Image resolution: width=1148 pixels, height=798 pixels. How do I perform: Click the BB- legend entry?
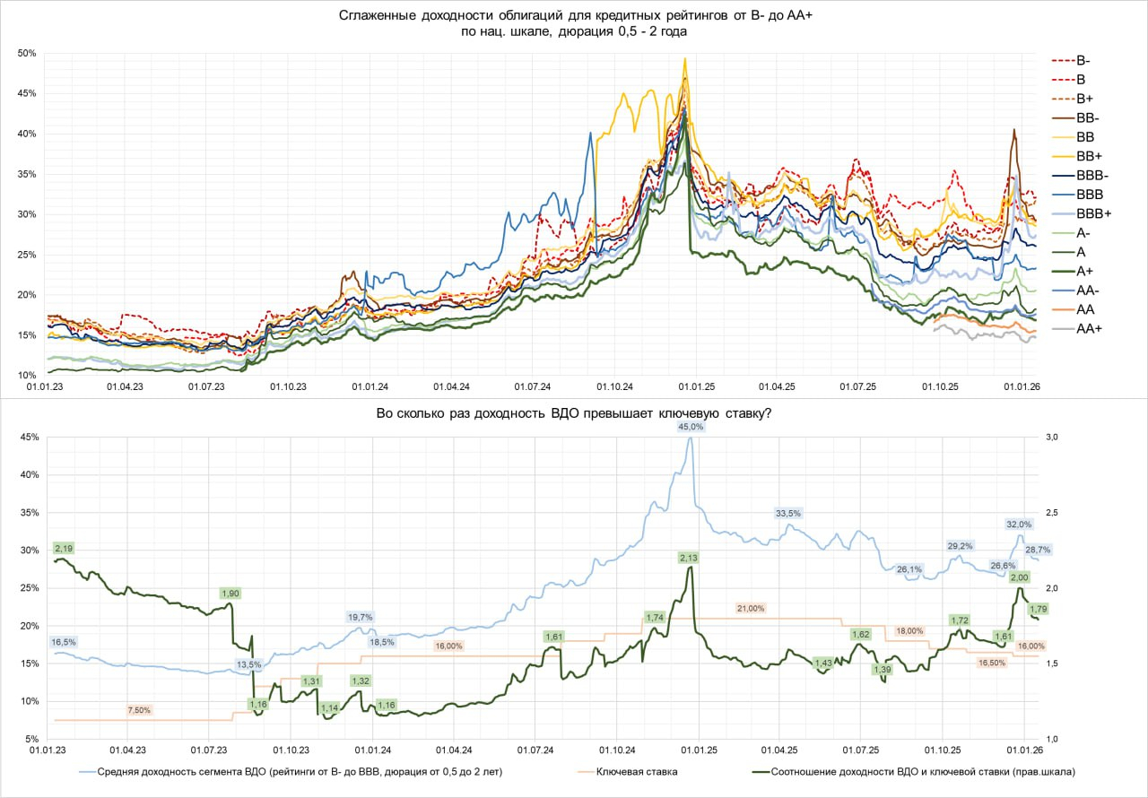pos(1076,118)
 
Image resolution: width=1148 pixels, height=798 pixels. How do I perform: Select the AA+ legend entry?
pos(1077,329)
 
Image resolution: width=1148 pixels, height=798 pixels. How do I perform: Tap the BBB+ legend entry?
pos(1082,213)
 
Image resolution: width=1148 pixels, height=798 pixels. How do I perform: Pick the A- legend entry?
pos(1072,233)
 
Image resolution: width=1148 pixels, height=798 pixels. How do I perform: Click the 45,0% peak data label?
pos(691,427)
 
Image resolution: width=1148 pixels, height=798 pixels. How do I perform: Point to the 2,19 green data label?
pos(64,549)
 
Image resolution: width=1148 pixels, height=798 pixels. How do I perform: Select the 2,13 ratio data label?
pos(689,558)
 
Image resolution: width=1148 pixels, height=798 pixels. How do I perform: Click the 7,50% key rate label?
pos(139,710)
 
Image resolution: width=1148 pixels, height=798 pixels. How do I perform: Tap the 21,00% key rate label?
pos(751,609)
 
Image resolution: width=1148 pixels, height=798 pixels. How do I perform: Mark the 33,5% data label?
pos(788,513)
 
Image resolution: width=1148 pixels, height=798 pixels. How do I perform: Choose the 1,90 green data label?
pos(230,594)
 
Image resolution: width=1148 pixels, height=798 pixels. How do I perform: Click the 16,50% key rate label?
pos(992,663)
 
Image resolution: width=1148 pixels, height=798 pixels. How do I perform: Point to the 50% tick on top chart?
pos(27,53)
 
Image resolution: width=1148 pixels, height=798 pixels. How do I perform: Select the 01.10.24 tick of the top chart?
pos(614,386)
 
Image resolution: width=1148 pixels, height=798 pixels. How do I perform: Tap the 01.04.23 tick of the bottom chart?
pos(127,750)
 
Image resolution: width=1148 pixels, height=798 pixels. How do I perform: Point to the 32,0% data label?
pos(1019,525)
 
